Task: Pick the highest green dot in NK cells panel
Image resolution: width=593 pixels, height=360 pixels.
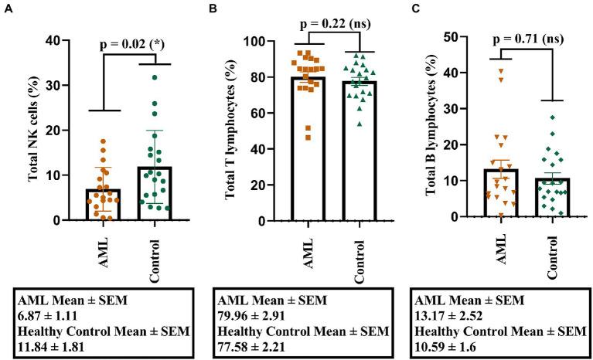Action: click(155, 77)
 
